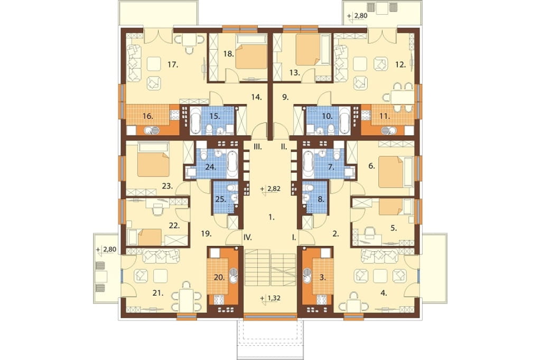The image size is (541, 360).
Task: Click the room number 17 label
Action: (173, 64)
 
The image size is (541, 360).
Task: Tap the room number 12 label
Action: (400, 64)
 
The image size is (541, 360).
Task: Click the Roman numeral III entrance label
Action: (258, 147)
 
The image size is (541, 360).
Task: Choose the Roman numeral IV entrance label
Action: (247, 237)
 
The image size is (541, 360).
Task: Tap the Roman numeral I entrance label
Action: (294, 237)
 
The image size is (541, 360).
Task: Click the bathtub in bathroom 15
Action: (195, 120)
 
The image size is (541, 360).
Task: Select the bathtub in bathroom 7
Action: (307, 163)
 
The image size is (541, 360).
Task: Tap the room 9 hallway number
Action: (285, 97)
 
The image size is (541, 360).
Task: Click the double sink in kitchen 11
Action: (389, 130)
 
